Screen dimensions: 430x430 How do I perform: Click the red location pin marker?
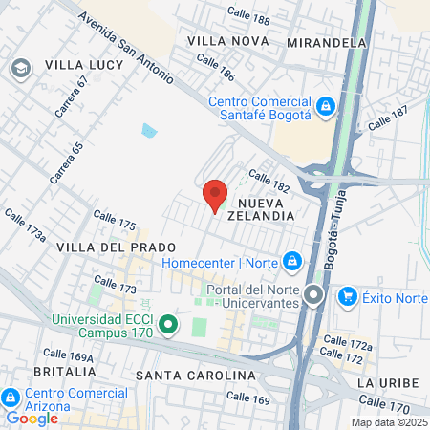(215, 196)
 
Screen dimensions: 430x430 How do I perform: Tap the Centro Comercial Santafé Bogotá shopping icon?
(326, 105)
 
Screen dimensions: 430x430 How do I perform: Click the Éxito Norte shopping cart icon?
(347, 296)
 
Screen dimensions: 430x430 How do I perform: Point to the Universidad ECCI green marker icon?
(167, 325)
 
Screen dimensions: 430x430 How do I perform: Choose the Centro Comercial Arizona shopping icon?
(11, 397)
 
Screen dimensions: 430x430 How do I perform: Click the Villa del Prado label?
(104, 247)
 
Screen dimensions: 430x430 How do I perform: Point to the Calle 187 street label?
(387, 118)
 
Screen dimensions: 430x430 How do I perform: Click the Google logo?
(32, 418)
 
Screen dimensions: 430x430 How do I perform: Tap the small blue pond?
(148, 130)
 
